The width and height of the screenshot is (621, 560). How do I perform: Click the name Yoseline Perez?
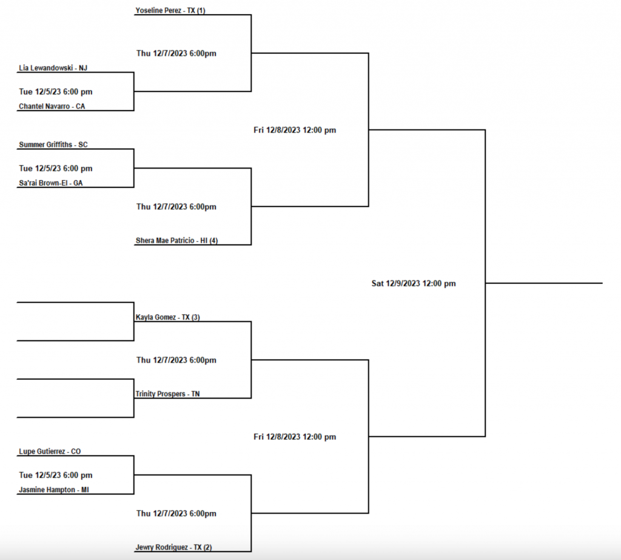pyautogui.click(x=159, y=10)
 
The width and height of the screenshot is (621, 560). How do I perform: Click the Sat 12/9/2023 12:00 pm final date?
pyautogui.click(x=414, y=283)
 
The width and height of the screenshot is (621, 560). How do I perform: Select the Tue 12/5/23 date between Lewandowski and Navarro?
pyautogui.click(x=56, y=92)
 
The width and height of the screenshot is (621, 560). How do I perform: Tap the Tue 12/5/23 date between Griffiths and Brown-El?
pyautogui.click(x=56, y=168)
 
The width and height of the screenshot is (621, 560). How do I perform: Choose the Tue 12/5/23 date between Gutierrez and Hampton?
pyautogui.click(x=56, y=475)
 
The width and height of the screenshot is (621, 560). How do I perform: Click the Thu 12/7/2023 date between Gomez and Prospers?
pyautogui.click(x=176, y=360)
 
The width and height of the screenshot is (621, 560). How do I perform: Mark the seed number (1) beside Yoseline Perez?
pyautogui.click(x=201, y=10)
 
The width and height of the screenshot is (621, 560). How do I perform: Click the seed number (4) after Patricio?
pyautogui.click(x=213, y=240)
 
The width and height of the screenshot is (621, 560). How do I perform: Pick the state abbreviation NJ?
pyautogui.click(x=84, y=68)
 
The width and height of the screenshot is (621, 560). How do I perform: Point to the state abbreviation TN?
pyautogui.click(x=195, y=394)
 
